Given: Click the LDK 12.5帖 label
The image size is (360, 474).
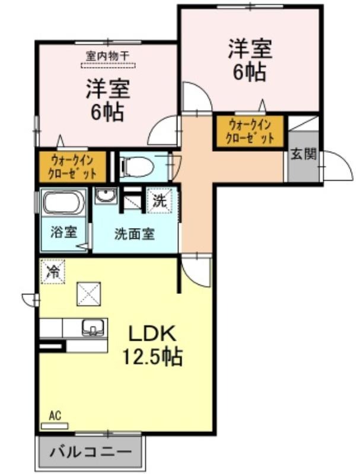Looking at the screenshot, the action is coord(152,345).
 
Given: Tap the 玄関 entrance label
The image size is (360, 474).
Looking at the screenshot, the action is coord(304,155).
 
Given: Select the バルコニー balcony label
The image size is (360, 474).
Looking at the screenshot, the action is coord(91,452).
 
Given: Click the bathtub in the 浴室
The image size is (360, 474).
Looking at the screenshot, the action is coord(63,203).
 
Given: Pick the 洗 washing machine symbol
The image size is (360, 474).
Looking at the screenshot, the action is coord(160,200).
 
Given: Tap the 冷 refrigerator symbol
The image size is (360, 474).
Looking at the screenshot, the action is coord(53,271).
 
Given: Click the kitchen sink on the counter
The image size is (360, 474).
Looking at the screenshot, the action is coord(93,328).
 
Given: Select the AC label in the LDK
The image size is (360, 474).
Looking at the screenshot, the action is coord(55,415).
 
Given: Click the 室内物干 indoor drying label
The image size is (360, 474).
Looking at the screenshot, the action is coord(108,56).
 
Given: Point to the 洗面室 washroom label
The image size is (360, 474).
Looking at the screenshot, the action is coord(134,233).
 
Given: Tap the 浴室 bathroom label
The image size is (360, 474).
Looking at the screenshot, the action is coord(63,232).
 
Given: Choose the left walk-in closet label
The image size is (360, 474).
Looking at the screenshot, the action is coord(72,167).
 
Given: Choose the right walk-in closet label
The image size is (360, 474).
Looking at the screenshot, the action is coord(250,132).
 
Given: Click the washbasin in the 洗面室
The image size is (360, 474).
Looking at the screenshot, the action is coord(106,195).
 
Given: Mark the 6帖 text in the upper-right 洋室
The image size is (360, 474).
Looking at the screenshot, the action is coord(250,72).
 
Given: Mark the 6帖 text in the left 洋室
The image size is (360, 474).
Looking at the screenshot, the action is coord(107,112).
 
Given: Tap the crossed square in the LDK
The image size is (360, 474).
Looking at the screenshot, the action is coord(88,294).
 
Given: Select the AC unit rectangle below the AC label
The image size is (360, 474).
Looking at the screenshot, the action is coord(55,426).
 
